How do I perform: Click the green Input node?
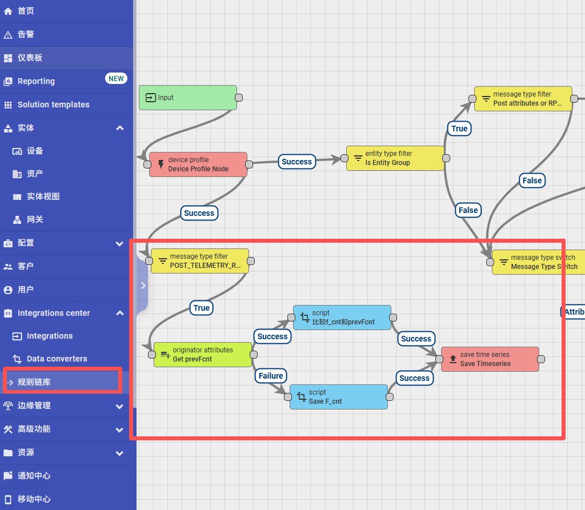pos(187,98)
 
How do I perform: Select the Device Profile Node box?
pos(198,164)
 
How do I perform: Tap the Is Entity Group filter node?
pos(395,158)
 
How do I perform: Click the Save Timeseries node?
pos(490,359)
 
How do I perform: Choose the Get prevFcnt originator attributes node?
pos(202,355)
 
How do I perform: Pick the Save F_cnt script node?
pos(338,397)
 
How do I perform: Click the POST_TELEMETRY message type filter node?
pos(199,261)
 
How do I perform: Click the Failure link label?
pos(271,376)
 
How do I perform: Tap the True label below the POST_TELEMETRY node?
pos(202,308)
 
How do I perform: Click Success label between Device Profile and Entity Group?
pos(296,162)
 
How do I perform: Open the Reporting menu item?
pos(36,81)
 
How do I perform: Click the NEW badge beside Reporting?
pos(116,79)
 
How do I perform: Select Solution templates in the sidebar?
pos(53,105)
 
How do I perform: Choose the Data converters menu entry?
pos(57,359)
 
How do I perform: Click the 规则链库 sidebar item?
pos(34,382)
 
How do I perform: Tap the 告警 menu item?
pos(26,34)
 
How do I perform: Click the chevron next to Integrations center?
pos(119,313)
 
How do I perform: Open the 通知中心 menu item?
pos(34,476)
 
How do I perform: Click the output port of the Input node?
pos(239,98)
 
